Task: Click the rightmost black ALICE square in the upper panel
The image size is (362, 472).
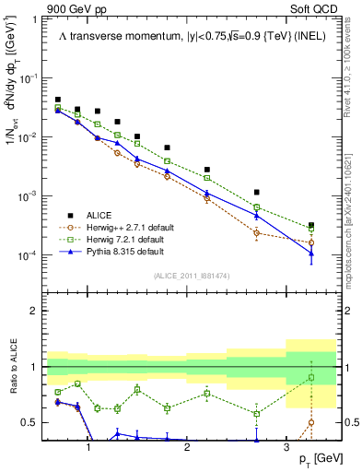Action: [311, 225]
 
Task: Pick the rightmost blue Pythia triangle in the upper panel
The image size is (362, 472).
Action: [311, 254]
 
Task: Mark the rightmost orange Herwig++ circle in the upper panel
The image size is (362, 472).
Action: [311, 243]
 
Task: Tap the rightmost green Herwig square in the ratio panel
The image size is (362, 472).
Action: [311, 378]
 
